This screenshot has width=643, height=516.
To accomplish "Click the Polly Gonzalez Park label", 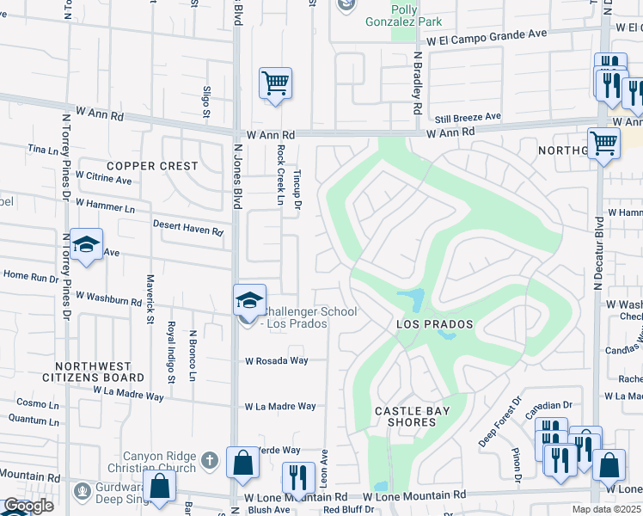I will [x=404, y=14].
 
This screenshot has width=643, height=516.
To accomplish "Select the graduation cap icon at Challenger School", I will [x=249, y=301].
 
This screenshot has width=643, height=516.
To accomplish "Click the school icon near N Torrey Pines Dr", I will [x=86, y=245].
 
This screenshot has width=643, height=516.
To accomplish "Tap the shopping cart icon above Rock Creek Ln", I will [x=275, y=83].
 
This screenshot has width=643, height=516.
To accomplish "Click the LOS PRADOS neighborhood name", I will [x=434, y=324].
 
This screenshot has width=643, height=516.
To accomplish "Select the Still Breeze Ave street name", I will [x=467, y=116].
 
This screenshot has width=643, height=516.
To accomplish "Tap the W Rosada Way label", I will [x=276, y=361].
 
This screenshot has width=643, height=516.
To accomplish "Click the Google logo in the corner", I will [x=28, y=506].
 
